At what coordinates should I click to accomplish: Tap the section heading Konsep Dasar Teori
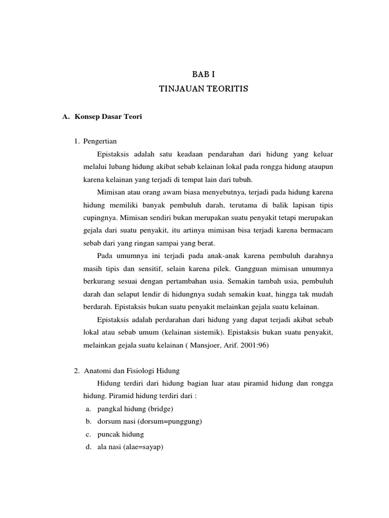[108, 117]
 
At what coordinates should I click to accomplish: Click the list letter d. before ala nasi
[89, 447]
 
